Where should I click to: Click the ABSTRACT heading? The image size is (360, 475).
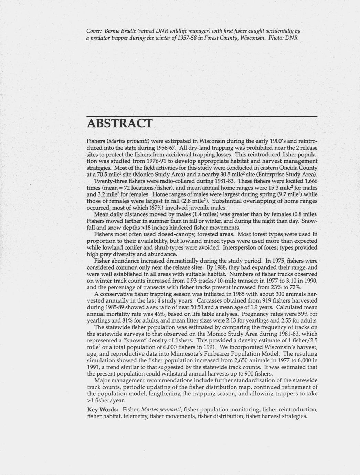[x=119, y=123]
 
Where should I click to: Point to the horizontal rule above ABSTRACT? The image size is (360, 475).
[x=202, y=117]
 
